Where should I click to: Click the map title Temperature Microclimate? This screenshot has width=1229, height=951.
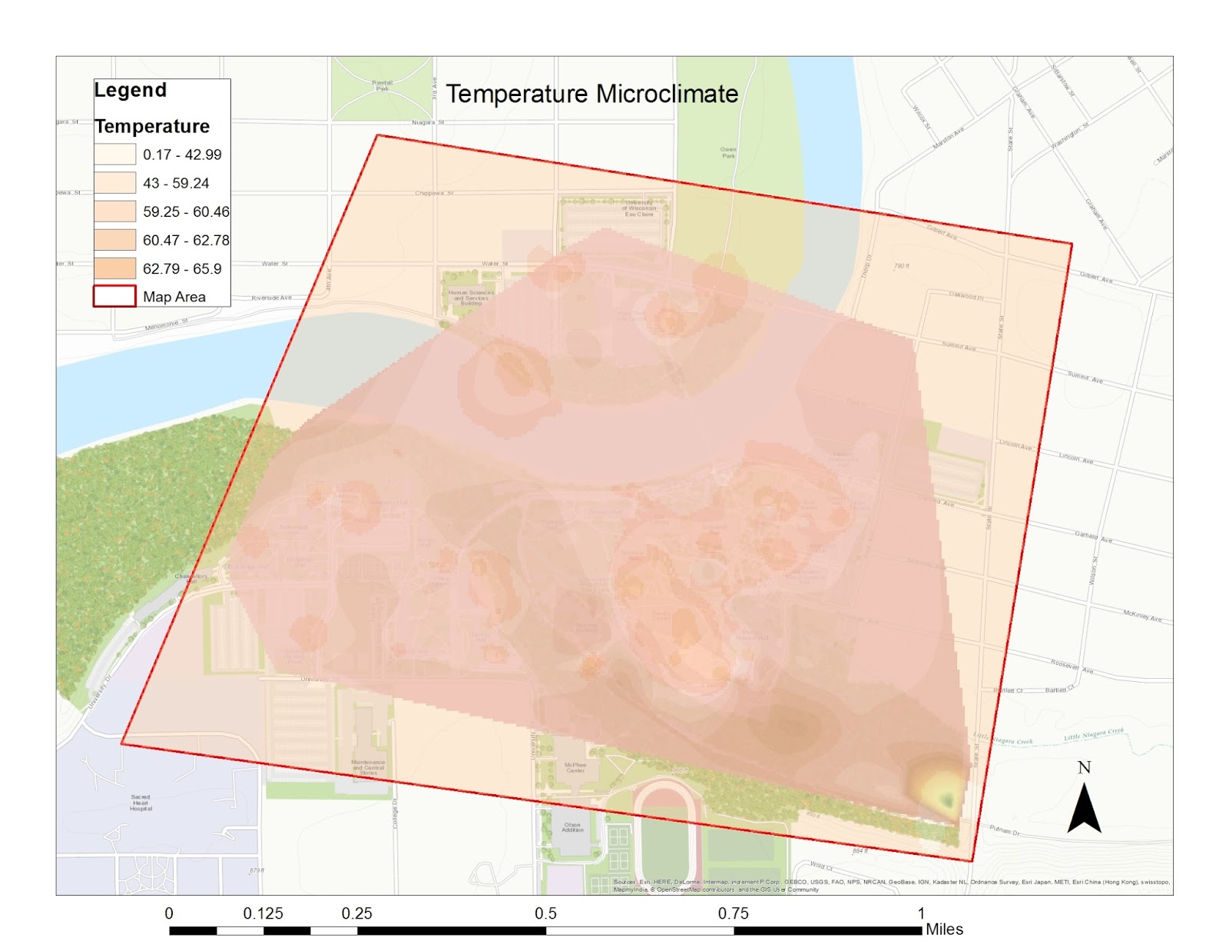point(591,94)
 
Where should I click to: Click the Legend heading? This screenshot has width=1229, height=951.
point(130,90)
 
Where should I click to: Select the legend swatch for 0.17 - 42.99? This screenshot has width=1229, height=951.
point(114,155)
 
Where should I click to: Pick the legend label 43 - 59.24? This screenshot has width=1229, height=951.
point(176,183)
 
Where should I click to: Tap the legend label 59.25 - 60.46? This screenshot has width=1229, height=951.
point(186,211)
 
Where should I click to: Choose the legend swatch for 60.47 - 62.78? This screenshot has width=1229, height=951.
point(114,240)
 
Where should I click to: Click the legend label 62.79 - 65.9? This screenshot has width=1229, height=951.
point(182,268)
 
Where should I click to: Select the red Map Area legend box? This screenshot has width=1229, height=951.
point(114,296)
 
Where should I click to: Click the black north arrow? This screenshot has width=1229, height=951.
point(1084,809)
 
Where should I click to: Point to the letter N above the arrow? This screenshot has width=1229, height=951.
point(1084,767)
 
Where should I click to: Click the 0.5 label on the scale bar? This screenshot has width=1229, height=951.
point(545,913)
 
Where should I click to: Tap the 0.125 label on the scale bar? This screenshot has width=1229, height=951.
point(263,913)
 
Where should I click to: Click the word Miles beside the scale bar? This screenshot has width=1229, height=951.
point(944,929)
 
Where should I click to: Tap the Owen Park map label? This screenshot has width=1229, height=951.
point(728,152)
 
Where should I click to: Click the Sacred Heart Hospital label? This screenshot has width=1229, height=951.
point(141,803)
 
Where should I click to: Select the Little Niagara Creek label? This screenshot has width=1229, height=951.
point(1094,736)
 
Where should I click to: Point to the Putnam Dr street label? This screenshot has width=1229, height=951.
point(1004,831)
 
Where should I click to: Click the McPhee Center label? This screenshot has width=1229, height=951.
point(575,767)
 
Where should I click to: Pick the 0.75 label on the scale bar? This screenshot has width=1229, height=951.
point(733,913)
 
